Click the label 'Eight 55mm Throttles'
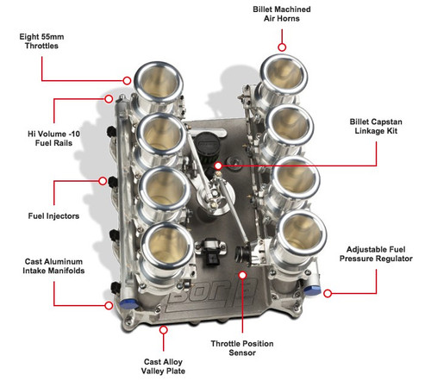[41, 41]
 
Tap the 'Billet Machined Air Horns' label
[282, 14]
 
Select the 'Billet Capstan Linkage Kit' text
[376, 126]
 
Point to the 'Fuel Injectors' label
[53, 215]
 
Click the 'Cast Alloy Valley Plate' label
[163, 366]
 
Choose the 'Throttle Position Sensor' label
[242, 348]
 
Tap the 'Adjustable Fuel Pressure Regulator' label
[376, 254]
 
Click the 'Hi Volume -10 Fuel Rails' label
[53, 138]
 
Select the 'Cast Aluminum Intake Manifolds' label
[53, 266]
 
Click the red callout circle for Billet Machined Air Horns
[282, 47]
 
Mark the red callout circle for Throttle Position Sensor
[243, 275]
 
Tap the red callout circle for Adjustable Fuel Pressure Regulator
[328, 293]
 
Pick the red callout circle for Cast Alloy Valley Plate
[164, 330]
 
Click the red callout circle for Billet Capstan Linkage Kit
[218, 165]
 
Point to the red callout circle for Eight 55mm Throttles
[127, 81]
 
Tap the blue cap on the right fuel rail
[313, 290]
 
